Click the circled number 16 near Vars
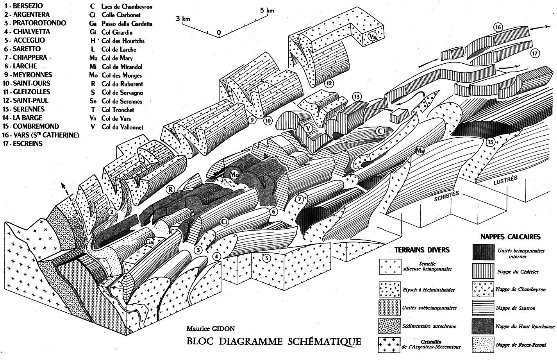[x=498, y=27]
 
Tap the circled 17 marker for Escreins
[x=535, y=53]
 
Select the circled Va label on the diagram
[x=373, y=37]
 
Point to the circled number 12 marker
[x=329, y=83]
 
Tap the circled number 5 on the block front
[x=266, y=258]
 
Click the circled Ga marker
[x=150, y=242]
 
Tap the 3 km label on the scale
[x=183, y=18]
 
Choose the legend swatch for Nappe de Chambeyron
[x=482, y=289]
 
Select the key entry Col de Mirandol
[x=116, y=67]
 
